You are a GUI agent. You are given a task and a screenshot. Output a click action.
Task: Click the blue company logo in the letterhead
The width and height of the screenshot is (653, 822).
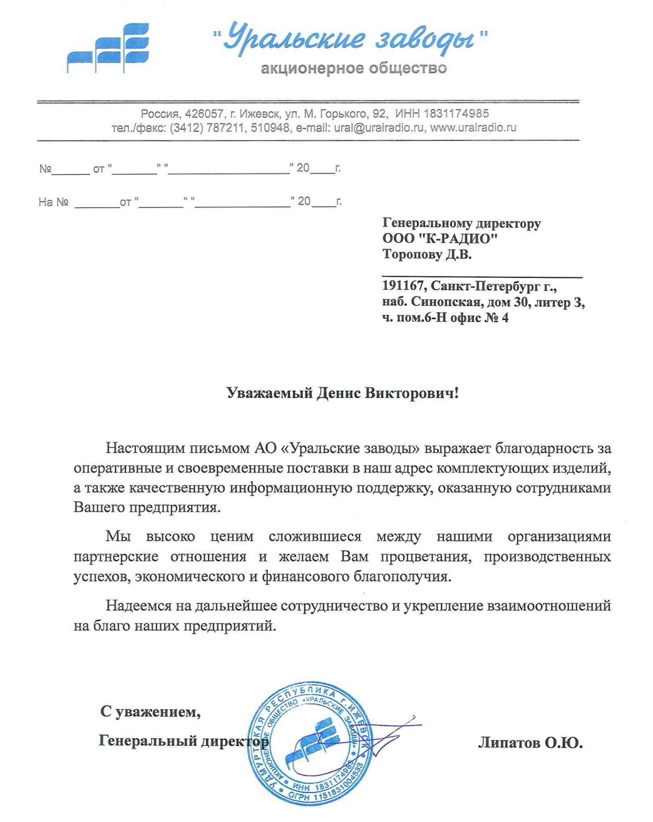(x=107, y=48)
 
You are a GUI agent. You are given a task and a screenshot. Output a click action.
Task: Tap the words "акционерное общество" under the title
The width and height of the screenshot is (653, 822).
(x=353, y=68)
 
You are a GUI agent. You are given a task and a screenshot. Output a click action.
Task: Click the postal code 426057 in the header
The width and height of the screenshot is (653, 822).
(x=204, y=114)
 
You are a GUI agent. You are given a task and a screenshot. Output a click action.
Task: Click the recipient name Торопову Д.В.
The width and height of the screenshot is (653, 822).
(x=427, y=254)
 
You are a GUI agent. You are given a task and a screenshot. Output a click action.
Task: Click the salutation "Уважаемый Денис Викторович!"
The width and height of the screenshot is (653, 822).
(x=342, y=393)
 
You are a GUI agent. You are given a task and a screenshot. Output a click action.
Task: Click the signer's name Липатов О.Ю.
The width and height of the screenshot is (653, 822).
(x=530, y=743)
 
